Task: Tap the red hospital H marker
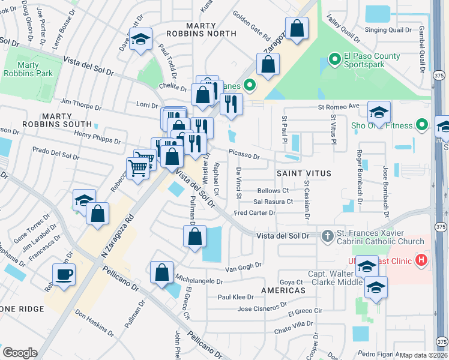click(x=421, y=259)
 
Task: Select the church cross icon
click(x=328, y=236)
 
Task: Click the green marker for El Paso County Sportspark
click(x=334, y=61)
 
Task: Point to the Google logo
click(x=20, y=352)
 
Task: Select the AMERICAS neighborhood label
click(x=283, y=290)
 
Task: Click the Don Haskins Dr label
click(x=94, y=323)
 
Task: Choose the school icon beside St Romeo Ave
click(x=379, y=112)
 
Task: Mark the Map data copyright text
click(x=423, y=355)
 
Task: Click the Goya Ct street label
click(x=291, y=282)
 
